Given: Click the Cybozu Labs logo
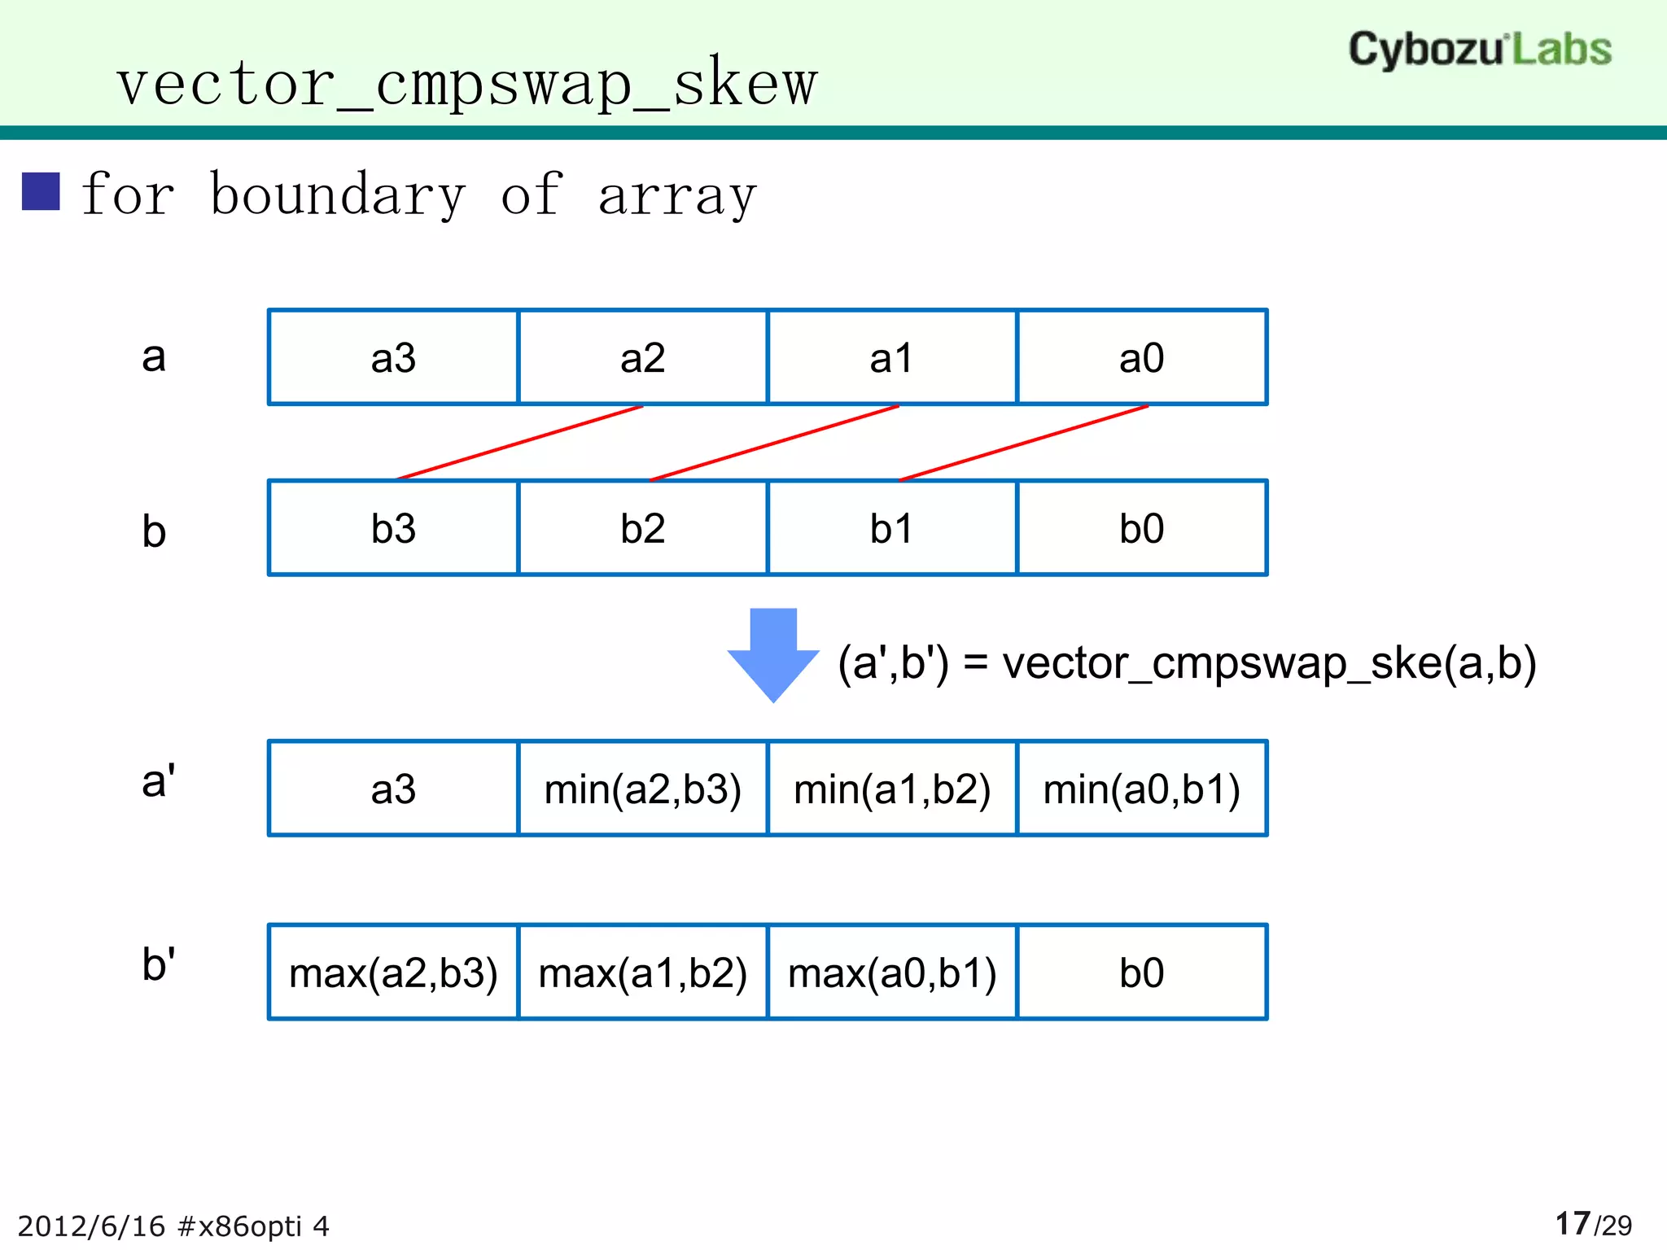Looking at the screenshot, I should tap(1479, 50).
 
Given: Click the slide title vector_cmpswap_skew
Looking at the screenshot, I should tap(466, 83).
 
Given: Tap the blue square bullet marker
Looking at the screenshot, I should tap(41, 192).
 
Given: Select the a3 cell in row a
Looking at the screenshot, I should tap(393, 358).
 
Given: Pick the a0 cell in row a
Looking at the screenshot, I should tap(1141, 358).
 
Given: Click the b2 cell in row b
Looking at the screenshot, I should tap(642, 529).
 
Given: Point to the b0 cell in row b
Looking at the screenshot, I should tap(1141, 529).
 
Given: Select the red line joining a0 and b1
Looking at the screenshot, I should tap(1024, 443).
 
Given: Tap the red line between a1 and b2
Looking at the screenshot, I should tap(775, 443).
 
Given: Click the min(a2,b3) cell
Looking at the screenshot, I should tap(642, 789).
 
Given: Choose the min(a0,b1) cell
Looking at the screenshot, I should tap(1141, 789).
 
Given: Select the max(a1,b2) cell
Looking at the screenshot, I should tap(642, 973).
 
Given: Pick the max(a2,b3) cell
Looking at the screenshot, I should tap(393, 973).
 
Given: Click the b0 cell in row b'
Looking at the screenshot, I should tap(1141, 973).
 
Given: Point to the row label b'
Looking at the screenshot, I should tap(158, 964).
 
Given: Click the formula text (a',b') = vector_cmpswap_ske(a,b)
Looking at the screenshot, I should tap(1187, 663).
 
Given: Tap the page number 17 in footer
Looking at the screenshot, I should tap(1572, 1223).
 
